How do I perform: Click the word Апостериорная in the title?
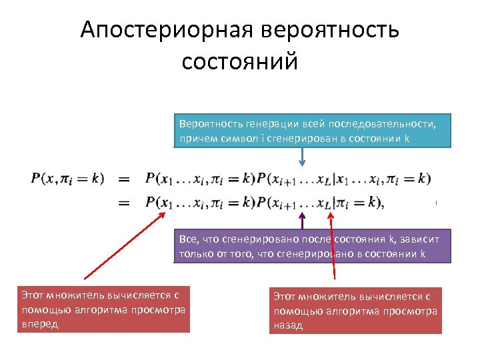(x=167, y=30)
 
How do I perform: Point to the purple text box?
(x=312, y=246)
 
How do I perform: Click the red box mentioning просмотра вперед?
(x=104, y=309)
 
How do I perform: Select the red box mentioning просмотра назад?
(x=355, y=311)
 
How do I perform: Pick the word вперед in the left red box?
(x=40, y=324)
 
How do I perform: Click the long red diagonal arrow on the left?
(x=123, y=241)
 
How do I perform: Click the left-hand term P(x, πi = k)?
(x=67, y=179)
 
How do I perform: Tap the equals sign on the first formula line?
(x=124, y=179)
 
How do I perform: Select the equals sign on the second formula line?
(x=124, y=202)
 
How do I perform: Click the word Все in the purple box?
(x=188, y=239)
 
